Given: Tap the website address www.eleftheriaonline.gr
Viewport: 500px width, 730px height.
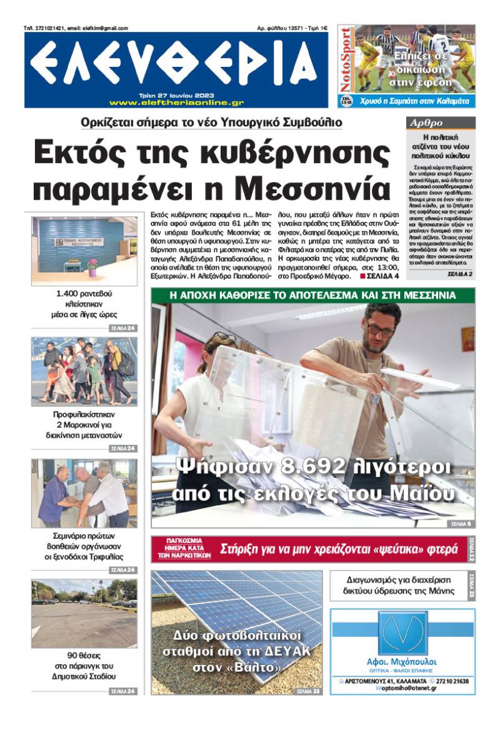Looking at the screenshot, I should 176,103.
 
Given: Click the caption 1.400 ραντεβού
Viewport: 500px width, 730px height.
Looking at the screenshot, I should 84,293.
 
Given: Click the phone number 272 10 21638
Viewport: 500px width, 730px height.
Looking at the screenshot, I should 453,681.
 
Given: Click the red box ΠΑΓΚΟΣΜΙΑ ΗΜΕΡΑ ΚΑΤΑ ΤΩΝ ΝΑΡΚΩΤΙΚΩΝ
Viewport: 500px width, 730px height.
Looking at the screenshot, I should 183,549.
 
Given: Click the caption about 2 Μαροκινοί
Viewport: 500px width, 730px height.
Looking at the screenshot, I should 84,425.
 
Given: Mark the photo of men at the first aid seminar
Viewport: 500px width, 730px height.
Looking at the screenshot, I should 84,493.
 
